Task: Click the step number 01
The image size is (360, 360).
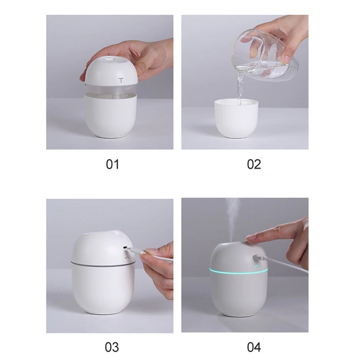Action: point(113,165)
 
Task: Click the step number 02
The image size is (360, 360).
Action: point(254,165)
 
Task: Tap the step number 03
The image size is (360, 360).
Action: point(112,347)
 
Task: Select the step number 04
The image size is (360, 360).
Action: point(254,347)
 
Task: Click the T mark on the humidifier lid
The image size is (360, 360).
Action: point(121,80)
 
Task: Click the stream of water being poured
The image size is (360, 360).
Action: point(240,87)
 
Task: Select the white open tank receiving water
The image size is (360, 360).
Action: point(236,118)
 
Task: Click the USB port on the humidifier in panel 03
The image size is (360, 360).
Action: point(125,247)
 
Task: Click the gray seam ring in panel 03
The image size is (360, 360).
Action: point(103,264)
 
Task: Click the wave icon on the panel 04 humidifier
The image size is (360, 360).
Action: point(257,266)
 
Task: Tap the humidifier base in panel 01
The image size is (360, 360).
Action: point(111,117)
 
